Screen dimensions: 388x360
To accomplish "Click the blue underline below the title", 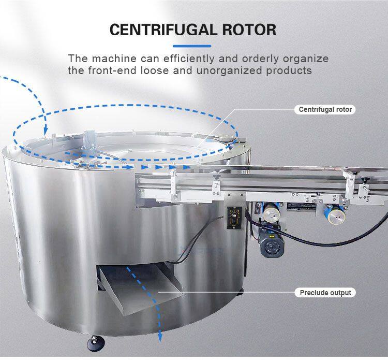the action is click(x=192, y=46).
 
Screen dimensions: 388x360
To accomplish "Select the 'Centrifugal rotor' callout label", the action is click(x=325, y=109).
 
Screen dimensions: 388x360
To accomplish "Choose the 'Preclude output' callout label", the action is click(x=325, y=293).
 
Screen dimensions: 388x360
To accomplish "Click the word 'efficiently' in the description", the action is click(x=189, y=59).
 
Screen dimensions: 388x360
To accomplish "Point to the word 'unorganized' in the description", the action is click(x=229, y=71).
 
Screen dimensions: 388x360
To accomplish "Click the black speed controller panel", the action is click(x=234, y=218).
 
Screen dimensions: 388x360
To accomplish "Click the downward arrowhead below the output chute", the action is click(x=160, y=338).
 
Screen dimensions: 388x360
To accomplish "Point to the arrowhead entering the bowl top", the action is click(x=46, y=130).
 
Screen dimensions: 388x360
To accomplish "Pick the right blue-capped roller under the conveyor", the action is click(x=335, y=215).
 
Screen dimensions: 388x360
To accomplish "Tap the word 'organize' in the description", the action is click(x=306, y=60).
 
